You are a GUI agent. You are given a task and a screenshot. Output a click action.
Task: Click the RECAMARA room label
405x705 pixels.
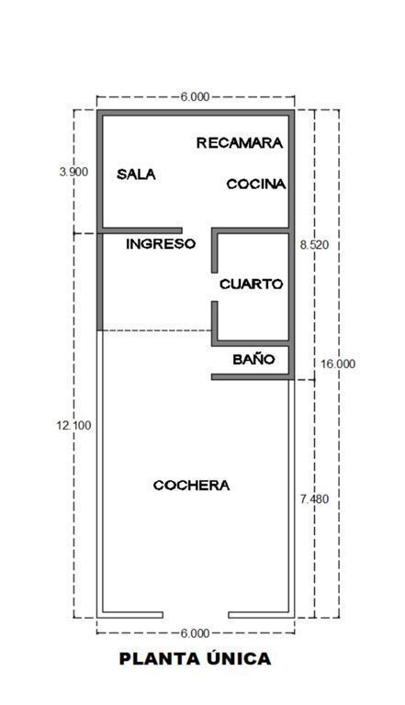click(240, 143)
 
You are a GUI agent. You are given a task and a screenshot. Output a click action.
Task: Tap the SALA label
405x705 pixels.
click(136, 174)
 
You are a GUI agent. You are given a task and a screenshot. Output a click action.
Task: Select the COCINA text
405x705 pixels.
click(255, 184)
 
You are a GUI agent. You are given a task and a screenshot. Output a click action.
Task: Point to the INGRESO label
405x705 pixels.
click(161, 244)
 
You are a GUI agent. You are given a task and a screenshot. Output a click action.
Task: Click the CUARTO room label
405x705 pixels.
click(251, 285)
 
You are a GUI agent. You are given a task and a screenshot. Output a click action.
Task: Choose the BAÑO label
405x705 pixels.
click(253, 359)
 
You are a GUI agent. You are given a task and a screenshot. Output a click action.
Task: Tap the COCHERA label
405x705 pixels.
click(191, 486)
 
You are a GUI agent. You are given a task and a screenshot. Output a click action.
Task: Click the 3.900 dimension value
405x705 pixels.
click(73, 172)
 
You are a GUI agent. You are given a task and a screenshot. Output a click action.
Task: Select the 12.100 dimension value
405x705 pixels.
click(73, 425)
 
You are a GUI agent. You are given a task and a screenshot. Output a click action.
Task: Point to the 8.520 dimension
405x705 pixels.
click(315, 245)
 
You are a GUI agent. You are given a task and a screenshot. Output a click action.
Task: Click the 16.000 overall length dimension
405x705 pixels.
click(338, 364)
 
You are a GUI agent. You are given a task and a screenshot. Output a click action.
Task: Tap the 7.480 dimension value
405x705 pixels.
click(314, 499)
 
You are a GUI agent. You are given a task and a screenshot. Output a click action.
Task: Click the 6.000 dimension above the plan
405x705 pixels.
click(196, 96)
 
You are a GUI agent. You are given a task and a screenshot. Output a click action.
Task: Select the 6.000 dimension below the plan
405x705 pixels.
click(196, 633)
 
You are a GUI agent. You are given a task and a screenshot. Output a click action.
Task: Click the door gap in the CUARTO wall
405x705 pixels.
click(215, 286)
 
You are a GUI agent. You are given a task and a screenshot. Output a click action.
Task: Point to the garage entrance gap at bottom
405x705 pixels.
click(196, 615)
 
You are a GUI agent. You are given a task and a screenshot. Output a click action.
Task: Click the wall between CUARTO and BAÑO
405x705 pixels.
click(250, 343)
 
